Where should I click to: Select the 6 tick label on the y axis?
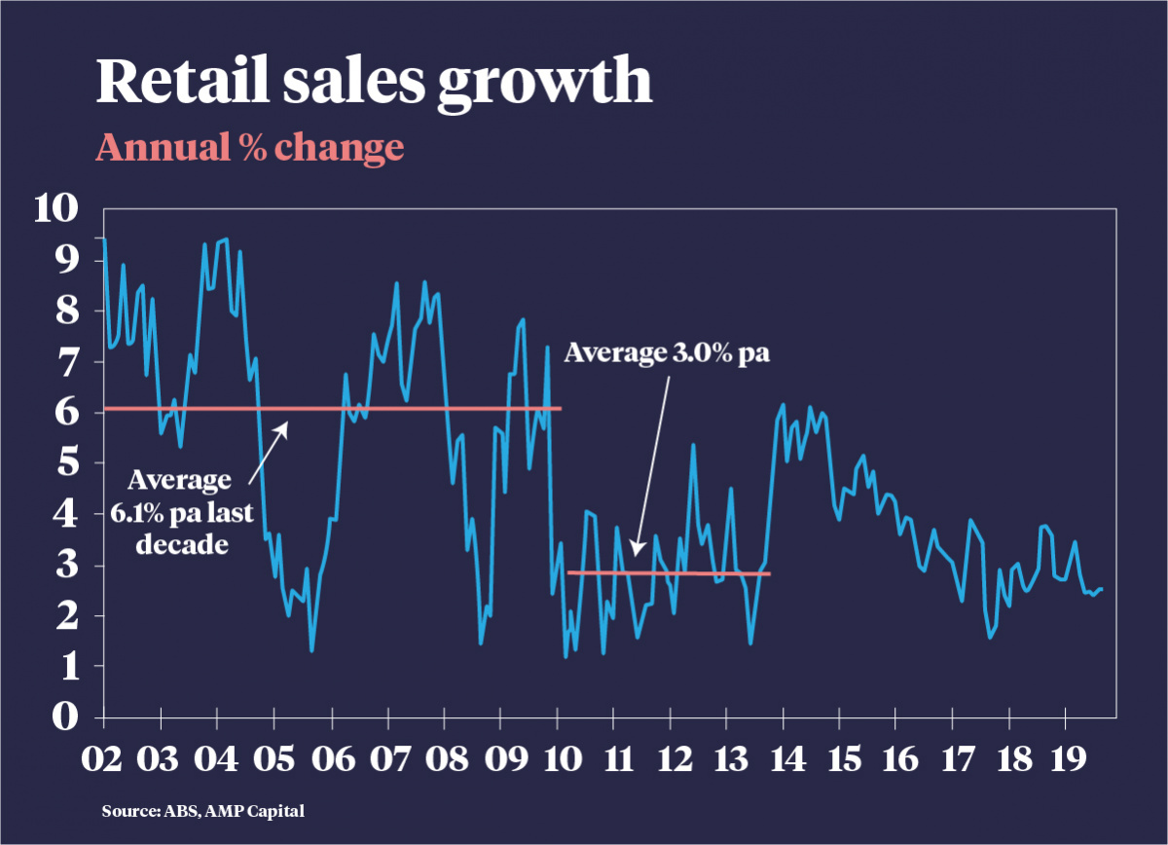coord(64,413)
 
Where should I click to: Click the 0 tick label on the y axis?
coord(64,717)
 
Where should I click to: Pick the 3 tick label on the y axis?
coord(64,566)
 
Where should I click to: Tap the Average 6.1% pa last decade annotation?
coord(181,511)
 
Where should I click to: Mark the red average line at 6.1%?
coord(331,408)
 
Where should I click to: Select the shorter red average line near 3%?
coord(669,572)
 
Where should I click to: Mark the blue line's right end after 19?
coord(1101,589)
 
